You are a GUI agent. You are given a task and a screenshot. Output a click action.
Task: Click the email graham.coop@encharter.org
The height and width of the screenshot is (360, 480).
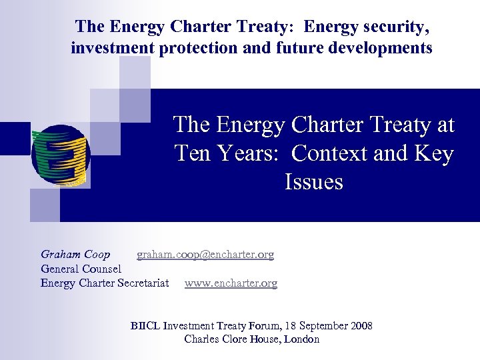tap(205, 255)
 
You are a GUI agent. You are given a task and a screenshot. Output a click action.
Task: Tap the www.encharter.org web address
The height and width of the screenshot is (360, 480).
tap(231, 283)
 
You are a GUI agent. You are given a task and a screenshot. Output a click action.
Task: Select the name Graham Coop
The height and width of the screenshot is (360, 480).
tap(75, 255)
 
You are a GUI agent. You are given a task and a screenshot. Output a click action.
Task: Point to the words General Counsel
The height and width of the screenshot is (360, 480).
tap(81, 269)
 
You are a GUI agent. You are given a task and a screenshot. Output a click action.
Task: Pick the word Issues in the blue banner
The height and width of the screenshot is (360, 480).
tap(313, 182)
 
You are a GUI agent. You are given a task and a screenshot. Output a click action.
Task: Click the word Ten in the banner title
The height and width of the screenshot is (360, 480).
tap(193, 154)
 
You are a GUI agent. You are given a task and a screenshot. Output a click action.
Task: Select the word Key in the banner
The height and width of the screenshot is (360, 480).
tap(435, 154)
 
